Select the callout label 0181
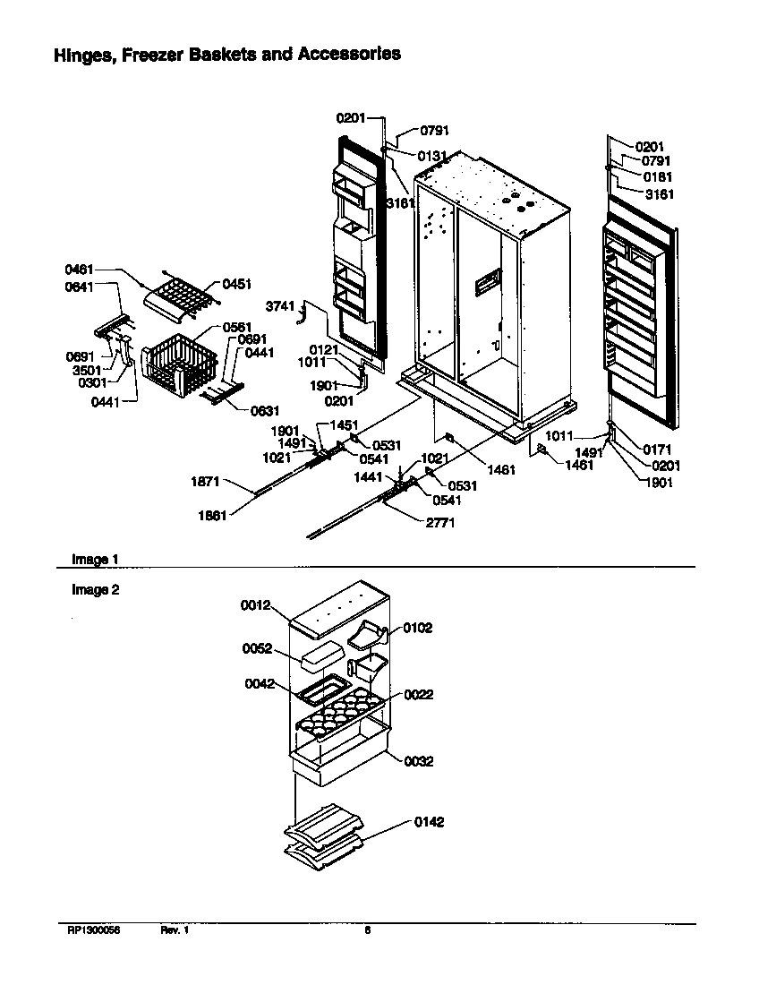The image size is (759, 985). [658, 177]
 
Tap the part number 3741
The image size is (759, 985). [280, 307]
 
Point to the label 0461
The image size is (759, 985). [79, 269]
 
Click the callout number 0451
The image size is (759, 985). [237, 285]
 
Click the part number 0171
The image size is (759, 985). [658, 449]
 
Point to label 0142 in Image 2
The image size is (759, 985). [429, 822]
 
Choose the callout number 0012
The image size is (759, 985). [255, 605]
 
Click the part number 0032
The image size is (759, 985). [418, 761]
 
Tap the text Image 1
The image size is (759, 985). [95, 560]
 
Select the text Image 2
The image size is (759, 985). [95, 590]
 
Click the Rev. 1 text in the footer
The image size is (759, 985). [175, 930]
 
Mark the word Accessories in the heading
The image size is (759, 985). [349, 55]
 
